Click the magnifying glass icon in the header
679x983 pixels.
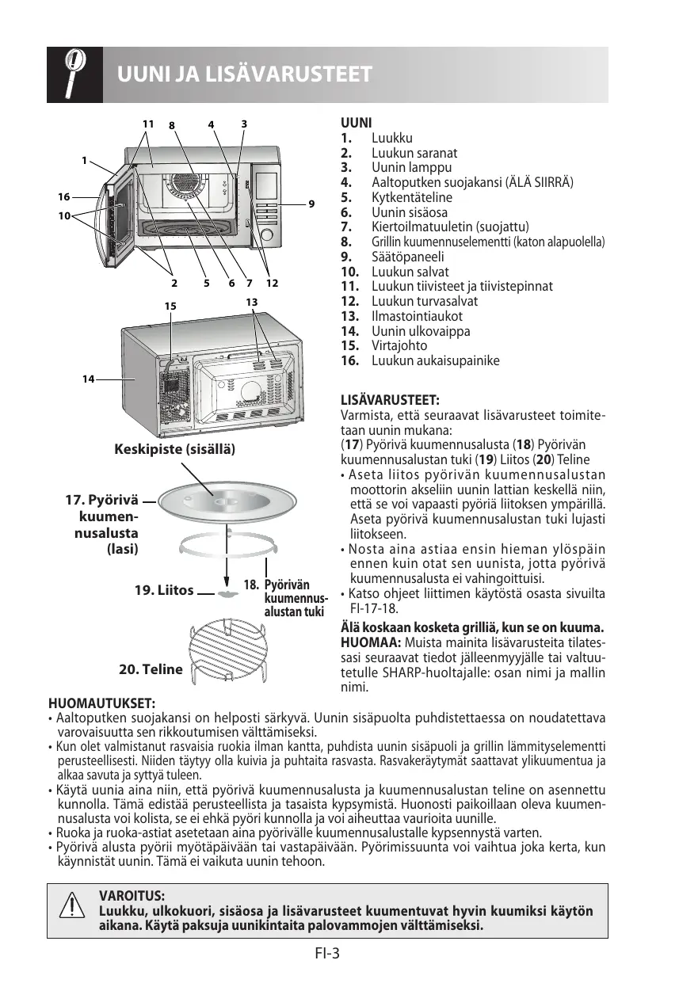(74, 74)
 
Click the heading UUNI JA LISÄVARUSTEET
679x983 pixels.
(244, 75)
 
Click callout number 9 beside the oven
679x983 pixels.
(311, 204)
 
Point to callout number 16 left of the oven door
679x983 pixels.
(63, 196)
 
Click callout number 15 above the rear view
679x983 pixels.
(169, 306)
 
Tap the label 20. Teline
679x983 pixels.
(151, 669)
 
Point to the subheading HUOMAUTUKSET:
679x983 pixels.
(102, 703)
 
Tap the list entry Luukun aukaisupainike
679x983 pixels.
(436, 360)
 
